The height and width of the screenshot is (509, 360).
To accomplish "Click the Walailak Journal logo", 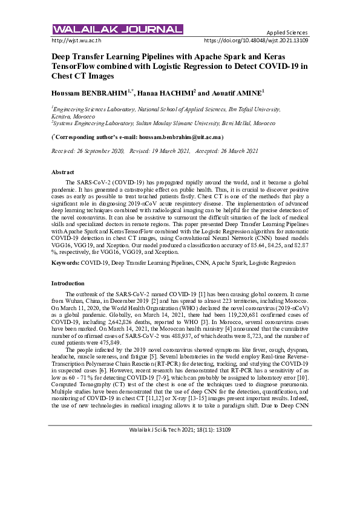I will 117,29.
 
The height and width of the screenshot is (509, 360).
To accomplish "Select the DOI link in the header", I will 257,41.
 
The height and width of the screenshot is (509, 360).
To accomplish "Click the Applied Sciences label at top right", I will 287,33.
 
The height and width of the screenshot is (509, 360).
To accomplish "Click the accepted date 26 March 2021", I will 241,151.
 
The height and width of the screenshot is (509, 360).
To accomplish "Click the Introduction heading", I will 68,283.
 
